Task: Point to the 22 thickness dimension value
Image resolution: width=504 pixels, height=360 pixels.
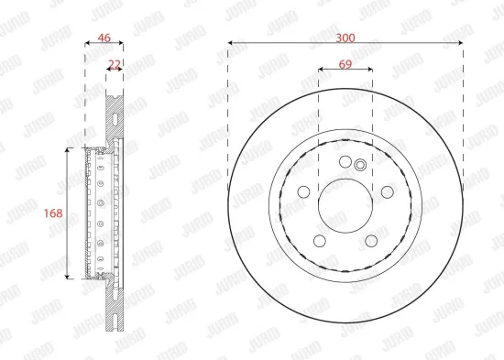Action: pyautogui.click(x=115, y=64)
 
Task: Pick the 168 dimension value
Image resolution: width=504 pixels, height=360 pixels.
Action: pyautogui.click(x=53, y=213)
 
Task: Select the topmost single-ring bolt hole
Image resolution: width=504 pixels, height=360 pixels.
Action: pyautogui.click(x=345, y=162)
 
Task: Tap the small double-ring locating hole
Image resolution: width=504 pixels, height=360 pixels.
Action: pyautogui.click(x=360, y=165)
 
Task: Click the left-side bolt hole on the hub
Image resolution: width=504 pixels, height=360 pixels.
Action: pyautogui.click(x=303, y=191)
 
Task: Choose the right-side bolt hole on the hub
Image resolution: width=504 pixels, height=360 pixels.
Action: pyautogui.click(x=387, y=191)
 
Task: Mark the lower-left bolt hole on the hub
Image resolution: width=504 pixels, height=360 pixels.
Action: pyautogui.click(x=320, y=240)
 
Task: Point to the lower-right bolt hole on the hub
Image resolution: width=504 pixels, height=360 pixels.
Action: pyautogui.click(x=371, y=240)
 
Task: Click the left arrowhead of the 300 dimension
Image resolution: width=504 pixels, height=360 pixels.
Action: pyautogui.click(x=231, y=43)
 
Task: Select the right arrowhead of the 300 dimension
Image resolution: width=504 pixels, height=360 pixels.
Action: pyautogui.click(x=460, y=43)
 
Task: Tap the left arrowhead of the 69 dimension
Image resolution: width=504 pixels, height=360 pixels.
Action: pyautogui.click(x=321, y=69)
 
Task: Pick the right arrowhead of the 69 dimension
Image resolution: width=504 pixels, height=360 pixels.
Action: pyautogui.click(x=370, y=69)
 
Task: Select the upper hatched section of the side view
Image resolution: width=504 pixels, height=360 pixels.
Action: pyautogui.click(x=114, y=115)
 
